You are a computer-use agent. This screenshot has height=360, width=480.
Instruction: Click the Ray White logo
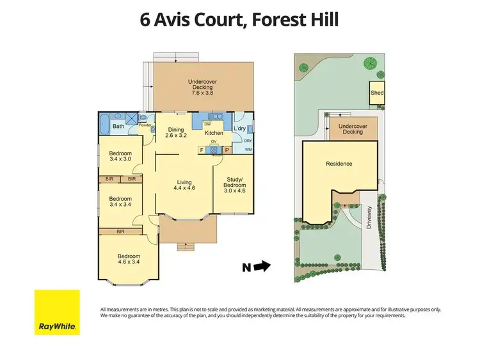pyautogui.click(x=57, y=312)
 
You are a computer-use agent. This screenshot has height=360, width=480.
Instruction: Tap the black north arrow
pyautogui.click(x=262, y=265)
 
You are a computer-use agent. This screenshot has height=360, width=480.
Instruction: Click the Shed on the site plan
pyautogui.click(x=377, y=93)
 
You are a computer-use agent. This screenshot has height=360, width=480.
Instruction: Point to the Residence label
pyautogui.click(x=339, y=164)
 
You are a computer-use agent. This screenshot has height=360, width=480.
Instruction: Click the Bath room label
pyautogui.click(x=119, y=126)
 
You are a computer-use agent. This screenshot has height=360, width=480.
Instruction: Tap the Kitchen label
pyautogui.click(x=213, y=133)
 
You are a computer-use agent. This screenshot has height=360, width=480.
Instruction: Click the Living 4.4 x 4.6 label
pyautogui.click(x=184, y=185)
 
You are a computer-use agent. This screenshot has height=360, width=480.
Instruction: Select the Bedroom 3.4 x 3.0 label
pyautogui.click(x=120, y=157)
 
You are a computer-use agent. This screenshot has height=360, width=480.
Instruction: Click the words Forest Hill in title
pyautogui.click(x=296, y=20)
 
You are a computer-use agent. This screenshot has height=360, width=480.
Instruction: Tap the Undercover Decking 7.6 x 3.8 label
pyautogui.click(x=203, y=86)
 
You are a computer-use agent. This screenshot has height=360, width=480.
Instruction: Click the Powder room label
pyautogui.click(x=145, y=125)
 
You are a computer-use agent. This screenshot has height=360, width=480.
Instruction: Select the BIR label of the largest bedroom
pyautogui.click(x=120, y=231)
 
